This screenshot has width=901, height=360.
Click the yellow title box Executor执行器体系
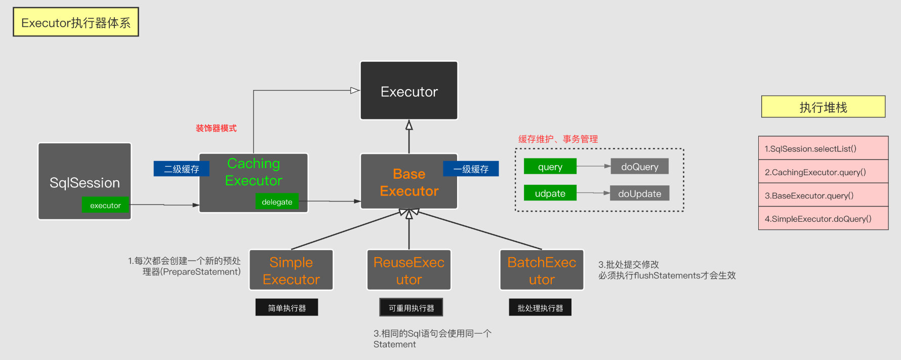click(76, 22)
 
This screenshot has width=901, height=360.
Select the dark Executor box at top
click(409, 91)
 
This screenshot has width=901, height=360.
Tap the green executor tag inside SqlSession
click(105, 205)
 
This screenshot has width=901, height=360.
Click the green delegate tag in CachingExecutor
click(277, 202)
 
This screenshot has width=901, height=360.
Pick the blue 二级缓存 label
click(181, 169)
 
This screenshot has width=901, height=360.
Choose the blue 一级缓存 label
click(471, 169)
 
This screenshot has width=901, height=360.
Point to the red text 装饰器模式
click(216, 128)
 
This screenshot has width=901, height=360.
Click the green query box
click(550, 167)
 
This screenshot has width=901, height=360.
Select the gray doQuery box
click(639, 167)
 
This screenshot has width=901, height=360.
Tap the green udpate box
click(550, 193)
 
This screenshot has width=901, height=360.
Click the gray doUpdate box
click(639, 193)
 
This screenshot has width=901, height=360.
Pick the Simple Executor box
click(291, 270)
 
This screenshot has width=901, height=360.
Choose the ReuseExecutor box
click(409, 270)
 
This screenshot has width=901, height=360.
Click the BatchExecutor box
click(542, 270)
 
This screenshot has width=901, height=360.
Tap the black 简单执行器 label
click(286, 307)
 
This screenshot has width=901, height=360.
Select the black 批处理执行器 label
click(540, 307)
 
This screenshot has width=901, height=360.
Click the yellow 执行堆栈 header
click(823, 107)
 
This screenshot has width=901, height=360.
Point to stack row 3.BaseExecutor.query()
click(823, 195)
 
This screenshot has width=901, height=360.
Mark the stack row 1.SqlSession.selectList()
click(823, 148)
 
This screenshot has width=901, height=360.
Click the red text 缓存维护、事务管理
click(558, 139)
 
